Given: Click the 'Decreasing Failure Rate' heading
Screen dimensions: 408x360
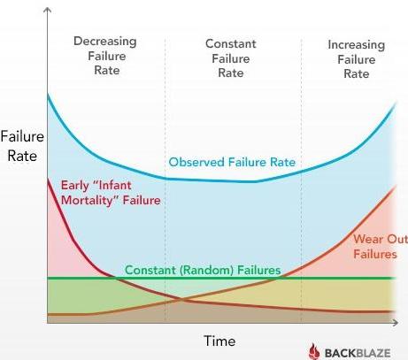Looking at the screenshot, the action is point(105,56).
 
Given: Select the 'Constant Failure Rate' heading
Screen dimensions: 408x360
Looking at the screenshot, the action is point(231,58).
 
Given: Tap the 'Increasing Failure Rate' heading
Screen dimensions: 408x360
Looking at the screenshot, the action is point(357,59).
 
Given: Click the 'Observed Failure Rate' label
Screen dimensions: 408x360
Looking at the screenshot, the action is point(232,162).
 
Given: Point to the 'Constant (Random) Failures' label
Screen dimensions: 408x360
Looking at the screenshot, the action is point(203,270).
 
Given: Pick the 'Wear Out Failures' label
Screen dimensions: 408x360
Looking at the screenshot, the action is point(381,247).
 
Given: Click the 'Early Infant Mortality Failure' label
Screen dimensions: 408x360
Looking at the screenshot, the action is point(111,193).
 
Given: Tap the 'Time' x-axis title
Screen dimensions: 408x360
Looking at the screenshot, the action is point(219,341).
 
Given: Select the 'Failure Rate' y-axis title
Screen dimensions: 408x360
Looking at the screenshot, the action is point(22,146).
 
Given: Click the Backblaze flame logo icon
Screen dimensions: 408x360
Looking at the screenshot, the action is point(314,351).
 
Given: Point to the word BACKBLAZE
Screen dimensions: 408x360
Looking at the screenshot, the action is point(358,353).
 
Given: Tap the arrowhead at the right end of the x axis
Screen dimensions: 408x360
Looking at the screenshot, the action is point(396,322).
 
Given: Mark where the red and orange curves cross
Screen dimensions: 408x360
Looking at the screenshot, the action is point(181,300).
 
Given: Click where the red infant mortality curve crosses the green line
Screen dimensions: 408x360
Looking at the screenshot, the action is point(113,278).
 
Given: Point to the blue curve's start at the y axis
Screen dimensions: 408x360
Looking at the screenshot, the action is point(48,95).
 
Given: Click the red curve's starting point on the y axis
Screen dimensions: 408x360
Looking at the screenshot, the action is point(48,180).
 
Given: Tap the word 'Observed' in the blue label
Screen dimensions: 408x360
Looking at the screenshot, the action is point(196,162).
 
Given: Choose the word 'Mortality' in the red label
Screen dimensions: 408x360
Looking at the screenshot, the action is point(88,201).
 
